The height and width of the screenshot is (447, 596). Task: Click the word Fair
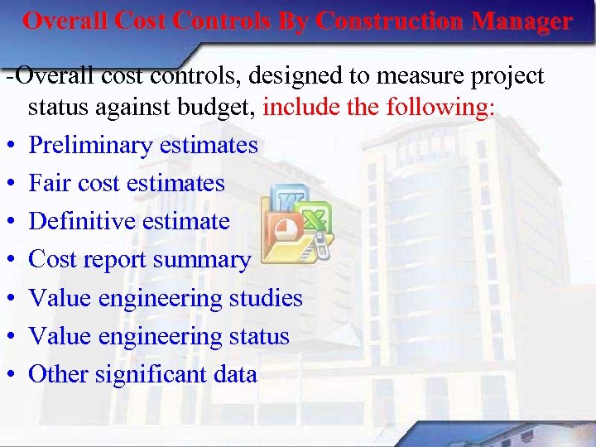point(47,183)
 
